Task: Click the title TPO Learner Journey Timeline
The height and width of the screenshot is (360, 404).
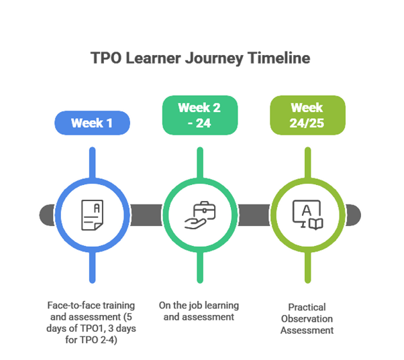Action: point(201,58)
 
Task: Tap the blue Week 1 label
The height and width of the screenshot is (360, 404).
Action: point(91,123)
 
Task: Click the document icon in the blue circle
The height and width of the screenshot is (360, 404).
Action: point(91,214)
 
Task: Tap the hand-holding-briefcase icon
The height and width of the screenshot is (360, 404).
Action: point(199,215)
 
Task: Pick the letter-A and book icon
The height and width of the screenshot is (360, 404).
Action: point(307,214)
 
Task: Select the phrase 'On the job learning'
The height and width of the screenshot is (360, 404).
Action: point(199,306)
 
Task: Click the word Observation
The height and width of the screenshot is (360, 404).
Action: point(307,318)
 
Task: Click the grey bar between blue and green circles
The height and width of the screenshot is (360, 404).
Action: point(145,215)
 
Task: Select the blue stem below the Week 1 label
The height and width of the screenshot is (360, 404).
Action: point(91,158)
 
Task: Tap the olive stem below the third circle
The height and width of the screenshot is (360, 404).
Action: point(307,268)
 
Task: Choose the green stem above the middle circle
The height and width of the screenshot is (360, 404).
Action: point(199,158)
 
